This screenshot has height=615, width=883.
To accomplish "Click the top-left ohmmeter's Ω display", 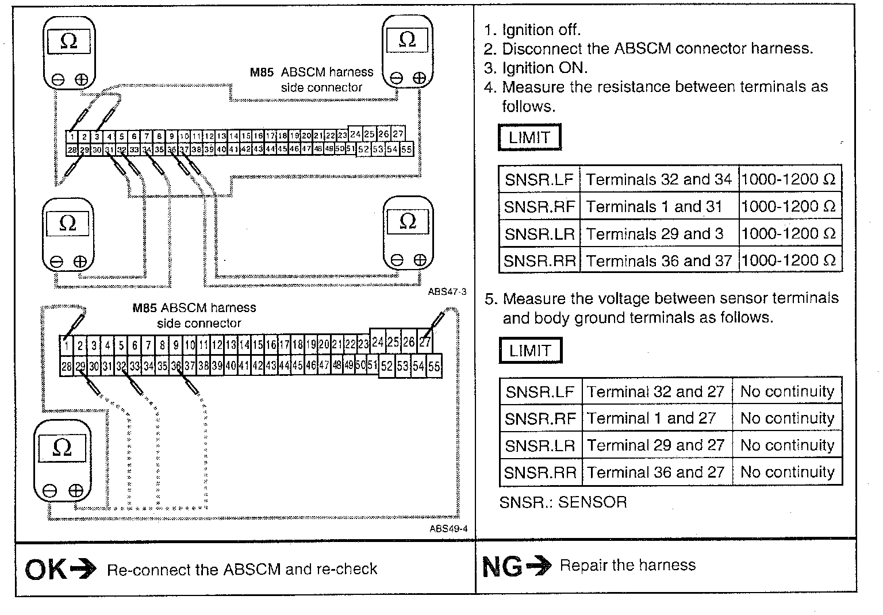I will click(x=68, y=42).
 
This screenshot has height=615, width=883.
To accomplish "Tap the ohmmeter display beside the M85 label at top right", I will click(x=407, y=40).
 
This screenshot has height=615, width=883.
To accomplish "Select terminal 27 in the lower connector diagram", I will click(x=425, y=343).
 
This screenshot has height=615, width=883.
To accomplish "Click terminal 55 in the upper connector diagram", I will click(x=406, y=149).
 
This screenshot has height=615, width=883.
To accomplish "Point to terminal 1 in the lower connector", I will click(x=67, y=346).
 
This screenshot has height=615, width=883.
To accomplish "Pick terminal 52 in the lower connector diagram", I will click(x=386, y=366).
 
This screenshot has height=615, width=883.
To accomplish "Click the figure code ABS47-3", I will click(x=447, y=291).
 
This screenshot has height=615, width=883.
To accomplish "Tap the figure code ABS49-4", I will click(x=448, y=529).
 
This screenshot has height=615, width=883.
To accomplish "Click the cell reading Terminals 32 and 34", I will click(x=658, y=180).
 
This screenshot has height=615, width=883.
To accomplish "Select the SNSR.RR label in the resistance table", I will click(x=539, y=261).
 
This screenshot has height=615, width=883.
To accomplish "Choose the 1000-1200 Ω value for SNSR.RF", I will click(x=788, y=207).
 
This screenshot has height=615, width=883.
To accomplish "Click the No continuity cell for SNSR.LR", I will click(x=787, y=445).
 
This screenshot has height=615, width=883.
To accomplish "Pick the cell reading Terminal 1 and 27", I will click(x=651, y=418).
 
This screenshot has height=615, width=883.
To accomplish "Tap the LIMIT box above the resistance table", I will click(x=529, y=137).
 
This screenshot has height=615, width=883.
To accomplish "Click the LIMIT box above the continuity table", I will click(x=530, y=350).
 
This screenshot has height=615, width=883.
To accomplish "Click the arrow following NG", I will click(x=539, y=567).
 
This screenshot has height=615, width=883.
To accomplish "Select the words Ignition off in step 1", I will click(x=541, y=30).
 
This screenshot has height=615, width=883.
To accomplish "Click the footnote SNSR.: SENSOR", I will click(x=563, y=502).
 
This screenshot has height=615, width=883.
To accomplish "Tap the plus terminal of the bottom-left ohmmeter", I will click(x=76, y=491).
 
